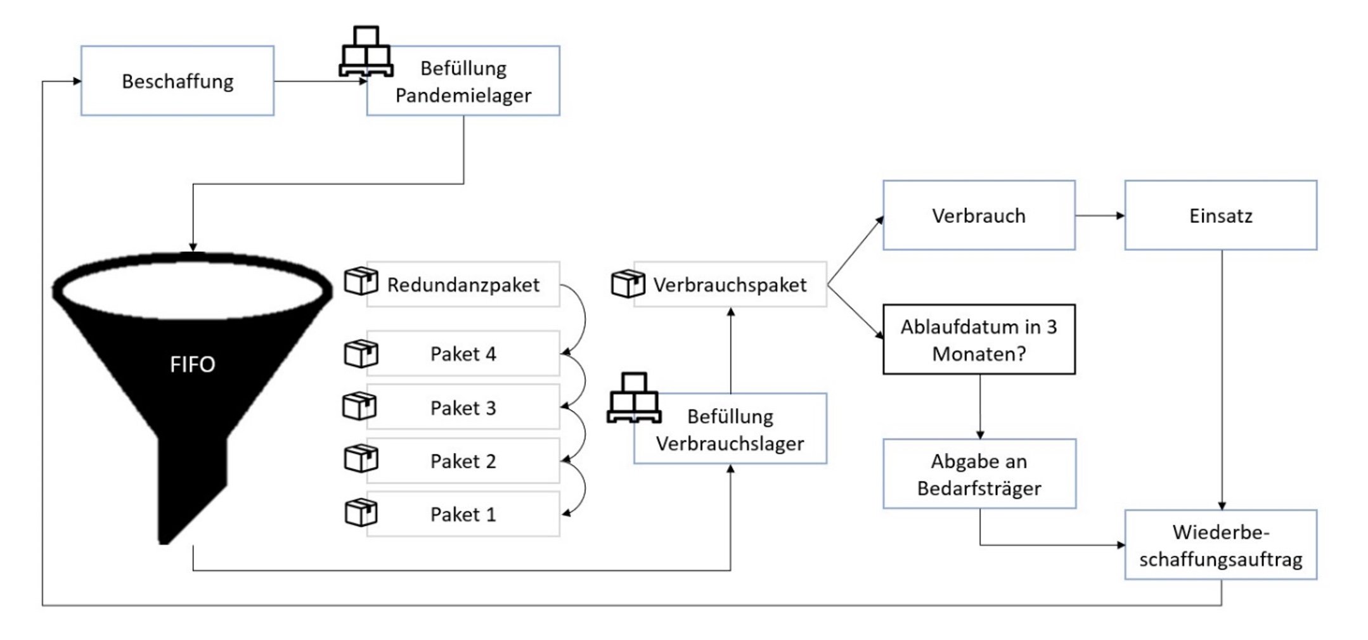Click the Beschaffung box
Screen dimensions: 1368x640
click(x=177, y=80)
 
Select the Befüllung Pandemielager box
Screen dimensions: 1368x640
click(x=463, y=80)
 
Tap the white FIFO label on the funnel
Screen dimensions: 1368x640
click(x=192, y=364)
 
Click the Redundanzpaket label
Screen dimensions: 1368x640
click(x=463, y=285)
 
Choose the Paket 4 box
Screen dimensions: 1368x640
click(x=463, y=353)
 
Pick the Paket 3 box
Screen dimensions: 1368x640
click(x=463, y=407)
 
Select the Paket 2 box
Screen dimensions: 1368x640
click(x=463, y=461)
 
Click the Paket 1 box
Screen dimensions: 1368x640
click(x=463, y=514)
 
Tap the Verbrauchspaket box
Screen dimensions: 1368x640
click(x=730, y=285)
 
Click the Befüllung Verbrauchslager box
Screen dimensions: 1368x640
click(x=730, y=429)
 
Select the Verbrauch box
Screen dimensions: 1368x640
click(x=979, y=215)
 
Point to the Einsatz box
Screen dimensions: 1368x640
click(x=1221, y=215)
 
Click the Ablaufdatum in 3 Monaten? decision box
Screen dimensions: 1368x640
click(x=979, y=340)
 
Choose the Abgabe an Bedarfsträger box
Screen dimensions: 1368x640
click(x=979, y=474)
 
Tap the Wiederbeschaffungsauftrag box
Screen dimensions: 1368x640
click(x=1221, y=545)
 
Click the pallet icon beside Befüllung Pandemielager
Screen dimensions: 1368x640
click(x=366, y=51)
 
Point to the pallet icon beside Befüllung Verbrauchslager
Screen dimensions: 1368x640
click(x=634, y=397)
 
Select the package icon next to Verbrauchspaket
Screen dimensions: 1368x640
click(x=628, y=283)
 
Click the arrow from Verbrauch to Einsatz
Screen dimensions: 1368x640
click(x=1100, y=215)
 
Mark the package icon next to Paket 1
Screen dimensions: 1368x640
click(x=361, y=513)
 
